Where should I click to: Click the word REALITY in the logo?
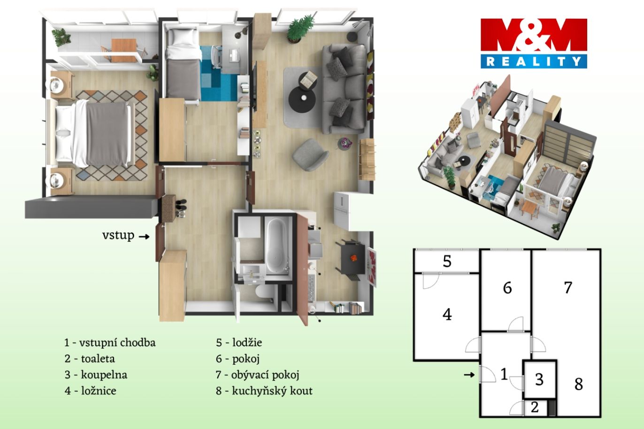pyautogui.click(x=534, y=61)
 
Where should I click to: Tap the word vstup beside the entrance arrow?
pyautogui.click(x=118, y=236)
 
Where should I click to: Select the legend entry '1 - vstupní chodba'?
pyautogui.click(x=110, y=343)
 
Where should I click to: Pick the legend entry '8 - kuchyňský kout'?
pyautogui.click(x=264, y=391)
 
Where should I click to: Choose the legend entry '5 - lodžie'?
pyautogui.click(x=239, y=343)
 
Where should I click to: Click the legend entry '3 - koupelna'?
pyautogui.click(x=96, y=375)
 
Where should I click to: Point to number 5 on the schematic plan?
pyautogui.click(x=447, y=261)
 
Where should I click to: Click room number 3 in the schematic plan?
pyautogui.click(x=539, y=380)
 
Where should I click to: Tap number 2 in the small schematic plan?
pyautogui.click(x=535, y=407)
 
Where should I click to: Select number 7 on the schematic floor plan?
pyautogui.click(x=568, y=288)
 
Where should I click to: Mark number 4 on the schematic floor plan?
pyautogui.click(x=447, y=314)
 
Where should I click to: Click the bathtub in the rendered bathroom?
pyautogui.click(x=276, y=246)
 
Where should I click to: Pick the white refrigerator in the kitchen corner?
pyautogui.click(x=342, y=210)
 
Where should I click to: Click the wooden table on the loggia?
pyautogui.click(x=123, y=51)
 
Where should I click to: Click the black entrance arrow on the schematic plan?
pyautogui.click(x=469, y=375)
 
